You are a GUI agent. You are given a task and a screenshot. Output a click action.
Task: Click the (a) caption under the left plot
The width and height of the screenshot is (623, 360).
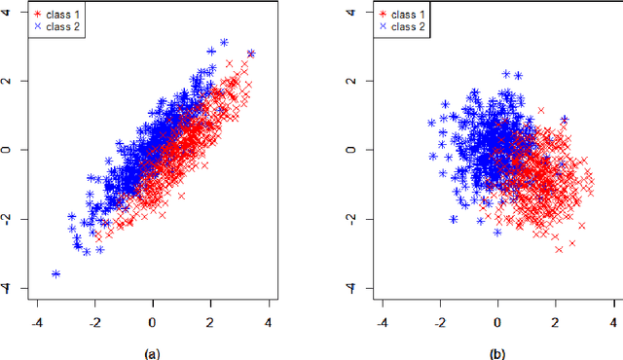[152, 354]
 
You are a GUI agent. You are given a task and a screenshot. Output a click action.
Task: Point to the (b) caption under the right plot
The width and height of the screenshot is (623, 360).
[497, 354]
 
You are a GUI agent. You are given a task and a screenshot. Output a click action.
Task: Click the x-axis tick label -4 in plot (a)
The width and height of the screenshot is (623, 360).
[37, 320]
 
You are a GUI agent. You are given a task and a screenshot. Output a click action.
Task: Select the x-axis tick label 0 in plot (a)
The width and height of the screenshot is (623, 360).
[153, 320]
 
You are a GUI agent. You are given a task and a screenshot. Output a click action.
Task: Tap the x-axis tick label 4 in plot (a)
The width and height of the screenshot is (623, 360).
[268, 320]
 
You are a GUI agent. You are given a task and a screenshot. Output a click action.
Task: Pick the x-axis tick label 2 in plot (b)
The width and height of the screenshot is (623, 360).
[556, 320]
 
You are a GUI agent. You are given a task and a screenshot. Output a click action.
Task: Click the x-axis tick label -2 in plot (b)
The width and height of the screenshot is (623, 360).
[439, 320]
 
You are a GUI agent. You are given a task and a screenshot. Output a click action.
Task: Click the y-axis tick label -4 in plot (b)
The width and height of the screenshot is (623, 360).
[355, 288]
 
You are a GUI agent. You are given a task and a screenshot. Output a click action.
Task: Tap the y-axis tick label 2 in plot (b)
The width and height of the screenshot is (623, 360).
[355, 82]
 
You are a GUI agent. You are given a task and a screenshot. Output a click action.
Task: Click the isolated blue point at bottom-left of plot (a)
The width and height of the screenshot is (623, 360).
[55, 273]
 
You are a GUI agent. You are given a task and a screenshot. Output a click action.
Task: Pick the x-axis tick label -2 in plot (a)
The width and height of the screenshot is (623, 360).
[94, 320]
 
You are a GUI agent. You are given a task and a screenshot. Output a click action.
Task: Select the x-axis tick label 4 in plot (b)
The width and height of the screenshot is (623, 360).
[613, 320]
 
